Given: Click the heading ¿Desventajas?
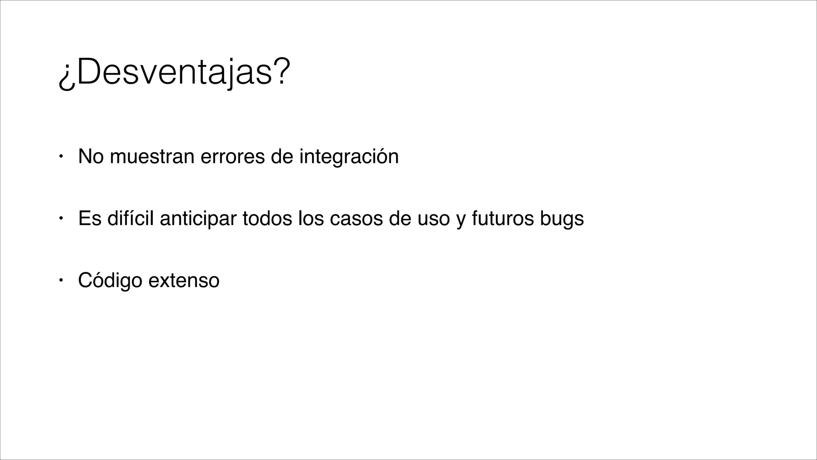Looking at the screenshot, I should [172, 73].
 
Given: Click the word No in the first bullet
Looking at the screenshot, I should [91, 156].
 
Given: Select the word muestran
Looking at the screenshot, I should [152, 156].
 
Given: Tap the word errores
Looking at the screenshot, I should [233, 156].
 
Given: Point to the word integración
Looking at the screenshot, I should [349, 157].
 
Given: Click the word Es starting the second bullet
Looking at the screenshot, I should [90, 218].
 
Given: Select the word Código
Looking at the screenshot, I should [110, 280].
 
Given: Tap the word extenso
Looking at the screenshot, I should [184, 280].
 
